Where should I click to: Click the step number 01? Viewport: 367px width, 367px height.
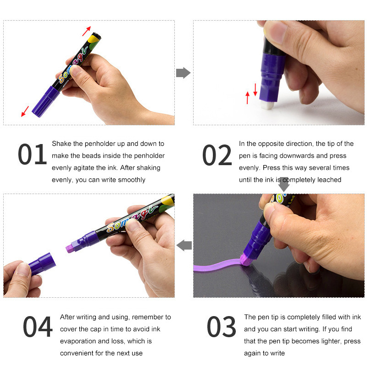click(x=33, y=155)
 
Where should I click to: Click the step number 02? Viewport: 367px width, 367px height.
click(x=217, y=155)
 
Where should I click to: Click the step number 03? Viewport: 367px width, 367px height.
click(x=221, y=327)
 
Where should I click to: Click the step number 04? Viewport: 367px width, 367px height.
click(x=38, y=327)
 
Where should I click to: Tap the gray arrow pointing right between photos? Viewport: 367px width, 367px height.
click(x=183, y=72)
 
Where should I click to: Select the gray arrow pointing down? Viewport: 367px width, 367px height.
click(x=284, y=184)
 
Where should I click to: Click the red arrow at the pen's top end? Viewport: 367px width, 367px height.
click(x=86, y=31)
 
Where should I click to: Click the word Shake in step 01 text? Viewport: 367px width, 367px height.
click(x=61, y=144)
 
